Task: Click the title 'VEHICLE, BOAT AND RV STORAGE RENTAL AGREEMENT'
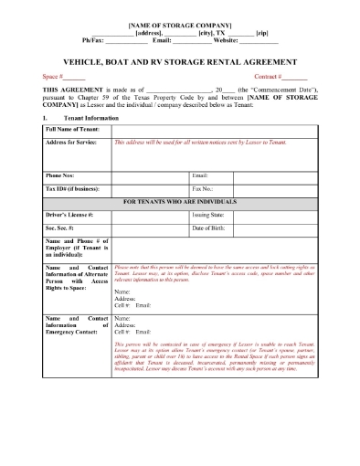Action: [x=179, y=59]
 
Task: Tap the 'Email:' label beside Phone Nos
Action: [x=201, y=175]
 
